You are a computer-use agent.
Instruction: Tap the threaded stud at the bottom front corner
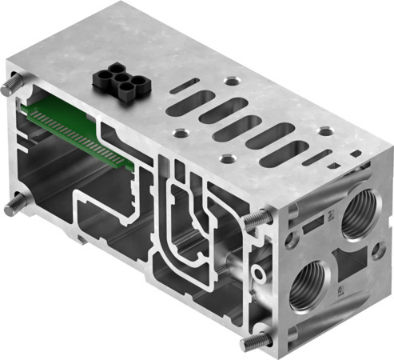coord(254,342)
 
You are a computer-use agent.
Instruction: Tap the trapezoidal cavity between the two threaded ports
coord(348,269)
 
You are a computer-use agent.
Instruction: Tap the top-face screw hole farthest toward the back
coord(231,81)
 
